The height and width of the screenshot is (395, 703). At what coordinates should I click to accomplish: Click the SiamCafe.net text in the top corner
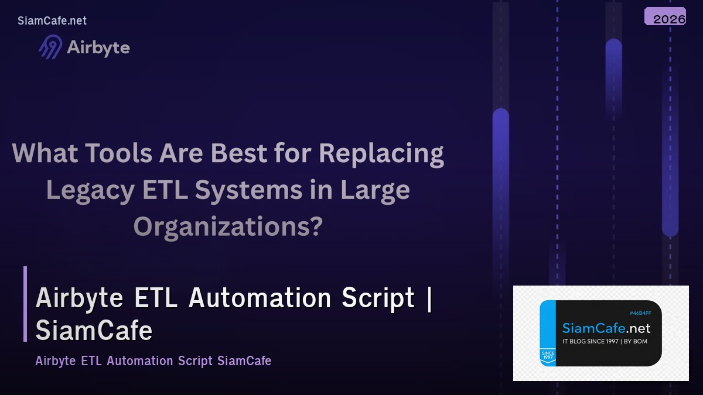[52, 20]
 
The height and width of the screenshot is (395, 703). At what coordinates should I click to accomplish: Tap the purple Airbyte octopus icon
[50, 47]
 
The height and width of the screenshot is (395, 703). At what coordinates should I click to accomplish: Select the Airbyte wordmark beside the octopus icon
[98, 47]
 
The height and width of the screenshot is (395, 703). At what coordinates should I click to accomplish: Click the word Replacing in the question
[381, 153]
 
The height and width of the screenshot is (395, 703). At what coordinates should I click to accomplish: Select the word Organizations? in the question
[228, 226]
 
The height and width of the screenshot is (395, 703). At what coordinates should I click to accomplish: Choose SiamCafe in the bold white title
[94, 331]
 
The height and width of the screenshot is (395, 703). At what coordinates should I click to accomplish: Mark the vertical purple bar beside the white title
[25, 304]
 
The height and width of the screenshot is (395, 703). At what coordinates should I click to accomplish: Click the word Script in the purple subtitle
[194, 360]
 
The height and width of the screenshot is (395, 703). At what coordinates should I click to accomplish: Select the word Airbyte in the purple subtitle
[55, 360]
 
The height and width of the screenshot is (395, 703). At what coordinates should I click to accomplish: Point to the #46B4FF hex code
[640, 314]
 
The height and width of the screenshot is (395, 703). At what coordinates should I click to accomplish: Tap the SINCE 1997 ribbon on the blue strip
[548, 356]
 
